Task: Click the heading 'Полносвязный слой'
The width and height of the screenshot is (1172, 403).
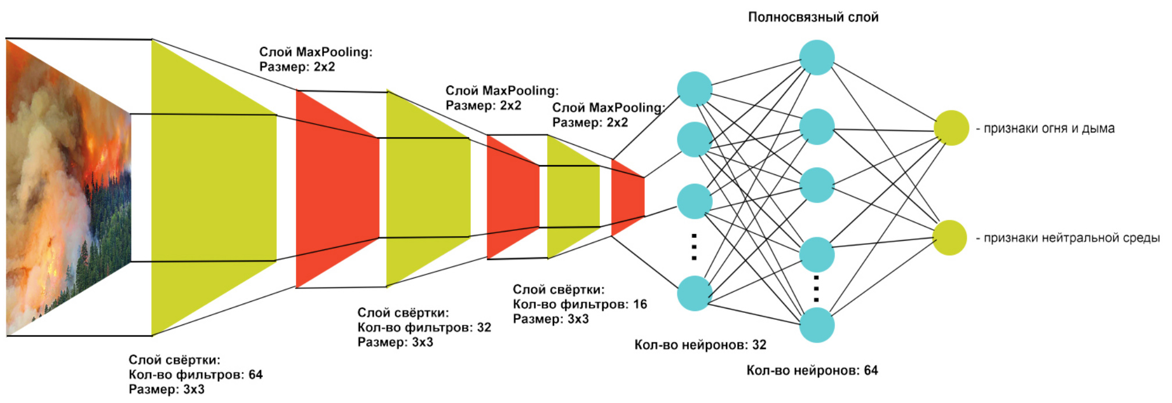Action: [x=813, y=17]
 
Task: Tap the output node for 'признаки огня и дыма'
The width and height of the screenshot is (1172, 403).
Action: [x=951, y=128]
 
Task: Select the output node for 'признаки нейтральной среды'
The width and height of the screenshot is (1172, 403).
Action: [x=949, y=237]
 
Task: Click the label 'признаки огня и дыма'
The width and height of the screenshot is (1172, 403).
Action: [x=1049, y=129]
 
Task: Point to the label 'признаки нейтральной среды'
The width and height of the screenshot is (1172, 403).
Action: [x=1071, y=238]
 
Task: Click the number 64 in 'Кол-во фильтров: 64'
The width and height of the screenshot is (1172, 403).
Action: [x=256, y=375]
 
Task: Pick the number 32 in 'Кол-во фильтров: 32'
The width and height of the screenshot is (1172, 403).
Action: [x=484, y=327]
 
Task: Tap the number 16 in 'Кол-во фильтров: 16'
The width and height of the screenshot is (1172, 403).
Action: [x=640, y=304]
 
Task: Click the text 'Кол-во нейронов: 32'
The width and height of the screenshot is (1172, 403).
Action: [x=700, y=345]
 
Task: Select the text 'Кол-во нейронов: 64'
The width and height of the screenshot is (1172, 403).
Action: [x=812, y=370]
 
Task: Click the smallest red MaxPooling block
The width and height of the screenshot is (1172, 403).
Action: [x=627, y=197]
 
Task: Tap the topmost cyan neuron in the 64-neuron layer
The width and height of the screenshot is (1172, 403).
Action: [x=817, y=58]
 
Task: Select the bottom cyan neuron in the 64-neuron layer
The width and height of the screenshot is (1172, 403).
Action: [x=817, y=325]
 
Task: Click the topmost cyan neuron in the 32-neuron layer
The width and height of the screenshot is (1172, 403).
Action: [x=695, y=89]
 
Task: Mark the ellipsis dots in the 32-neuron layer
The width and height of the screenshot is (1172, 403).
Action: [x=694, y=247]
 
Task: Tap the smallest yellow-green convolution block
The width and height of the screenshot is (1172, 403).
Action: [x=572, y=197]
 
